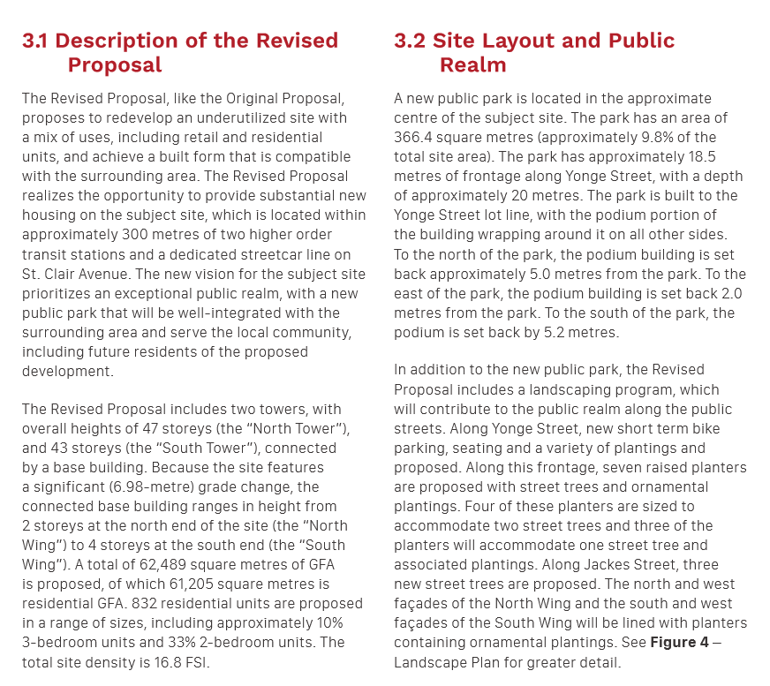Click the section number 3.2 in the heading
tap(410, 41)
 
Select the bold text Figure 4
tap(679, 642)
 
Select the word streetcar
tap(276, 235)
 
